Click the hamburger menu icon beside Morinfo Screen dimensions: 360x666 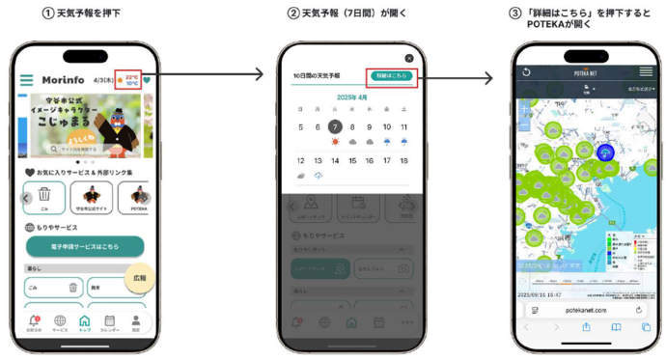pyautogui.click(x=26, y=80)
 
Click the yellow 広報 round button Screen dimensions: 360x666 pyautogui.click(x=140, y=277)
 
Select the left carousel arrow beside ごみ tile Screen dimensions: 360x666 pyautogui.click(x=27, y=198)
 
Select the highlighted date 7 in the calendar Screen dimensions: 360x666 pyautogui.click(x=335, y=126)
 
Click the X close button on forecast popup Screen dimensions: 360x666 pyautogui.click(x=409, y=58)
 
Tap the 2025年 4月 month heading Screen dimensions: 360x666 pyautogui.click(x=351, y=97)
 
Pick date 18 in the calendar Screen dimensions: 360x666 pyautogui.click(x=403, y=161)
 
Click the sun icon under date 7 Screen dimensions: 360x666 pyautogui.click(x=335, y=142)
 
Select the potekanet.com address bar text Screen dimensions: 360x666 pyautogui.click(x=585, y=310)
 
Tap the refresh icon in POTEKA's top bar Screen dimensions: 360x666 pyautogui.click(x=526, y=72)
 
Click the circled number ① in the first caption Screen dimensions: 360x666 pyautogui.click(x=47, y=14)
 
